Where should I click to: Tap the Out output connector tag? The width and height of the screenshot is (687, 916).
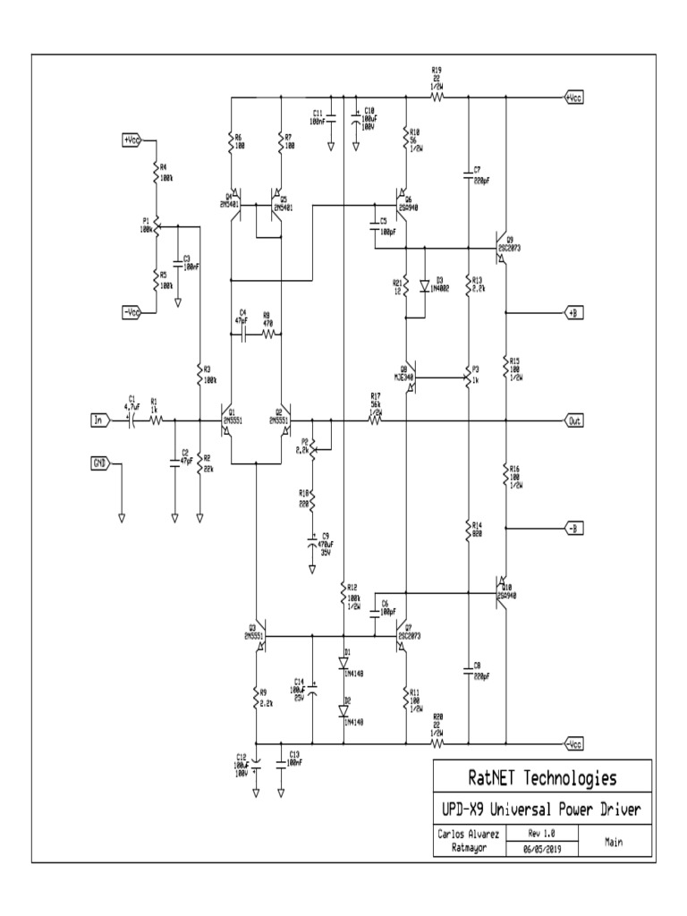[572, 420]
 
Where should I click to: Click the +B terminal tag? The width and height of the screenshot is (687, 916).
[572, 312]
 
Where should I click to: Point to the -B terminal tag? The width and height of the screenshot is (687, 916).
[572, 529]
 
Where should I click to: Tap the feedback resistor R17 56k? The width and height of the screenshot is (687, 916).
[375, 420]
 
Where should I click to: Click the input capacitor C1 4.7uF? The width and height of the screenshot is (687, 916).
[131, 420]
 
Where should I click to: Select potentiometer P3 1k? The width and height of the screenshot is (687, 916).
[468, 376]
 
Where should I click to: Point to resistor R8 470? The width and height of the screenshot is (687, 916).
[267, 334]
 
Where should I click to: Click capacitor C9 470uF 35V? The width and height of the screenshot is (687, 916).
[313, 542]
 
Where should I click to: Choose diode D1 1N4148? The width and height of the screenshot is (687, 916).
[343, 664]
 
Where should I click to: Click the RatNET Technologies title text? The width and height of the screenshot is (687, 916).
[542, 776]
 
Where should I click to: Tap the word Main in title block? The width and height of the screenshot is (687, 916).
[614, 841]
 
